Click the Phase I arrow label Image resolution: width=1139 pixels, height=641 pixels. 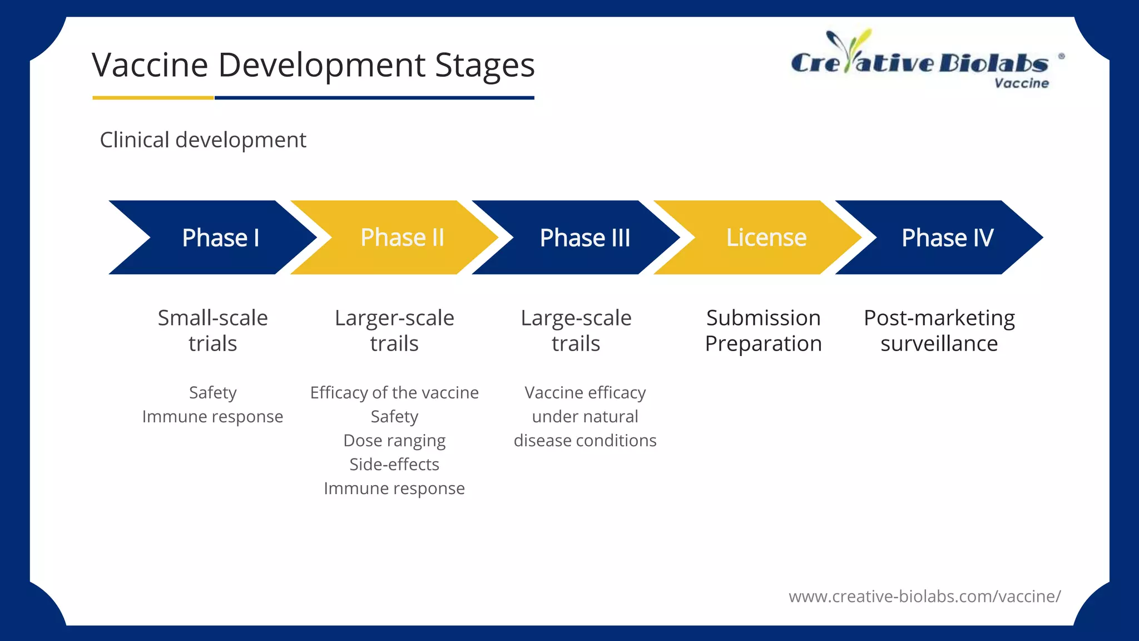point(220,238)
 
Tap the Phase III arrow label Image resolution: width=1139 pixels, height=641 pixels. point(585,238)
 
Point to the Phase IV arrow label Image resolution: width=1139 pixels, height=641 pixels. point(947,238)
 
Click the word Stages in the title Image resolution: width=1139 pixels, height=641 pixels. point(484,66)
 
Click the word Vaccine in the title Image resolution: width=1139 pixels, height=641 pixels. point(150,66)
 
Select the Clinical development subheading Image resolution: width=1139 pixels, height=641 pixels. point(203,140)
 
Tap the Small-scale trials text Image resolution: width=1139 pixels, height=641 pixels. point(212,331)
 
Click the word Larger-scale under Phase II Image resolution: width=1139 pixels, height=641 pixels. point(394,318)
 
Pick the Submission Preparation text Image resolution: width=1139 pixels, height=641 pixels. point(763,331)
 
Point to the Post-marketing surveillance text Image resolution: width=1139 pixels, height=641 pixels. point(939,331)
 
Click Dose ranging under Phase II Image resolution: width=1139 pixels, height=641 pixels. point(394,441)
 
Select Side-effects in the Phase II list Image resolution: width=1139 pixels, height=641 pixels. point(394,465)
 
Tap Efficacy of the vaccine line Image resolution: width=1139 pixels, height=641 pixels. point(394,393)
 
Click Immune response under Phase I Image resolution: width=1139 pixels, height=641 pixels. point(212,417)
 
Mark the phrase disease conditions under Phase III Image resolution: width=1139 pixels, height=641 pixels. point(585,441)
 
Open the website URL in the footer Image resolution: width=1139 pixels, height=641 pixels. point(924,596)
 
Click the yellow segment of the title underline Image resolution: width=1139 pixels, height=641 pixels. point(153,98)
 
